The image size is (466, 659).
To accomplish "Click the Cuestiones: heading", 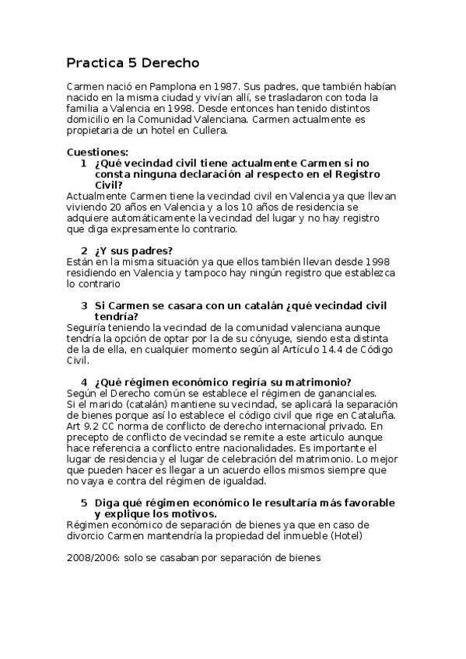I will (97, 152).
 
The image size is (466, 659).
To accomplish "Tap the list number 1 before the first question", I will (83, 164).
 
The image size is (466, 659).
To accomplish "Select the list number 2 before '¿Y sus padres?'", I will (83, 251).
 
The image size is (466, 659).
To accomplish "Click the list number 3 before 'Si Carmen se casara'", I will (83, 305).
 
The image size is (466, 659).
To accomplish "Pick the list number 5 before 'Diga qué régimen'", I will (83, 503).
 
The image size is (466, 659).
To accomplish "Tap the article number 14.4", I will (315, 349).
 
